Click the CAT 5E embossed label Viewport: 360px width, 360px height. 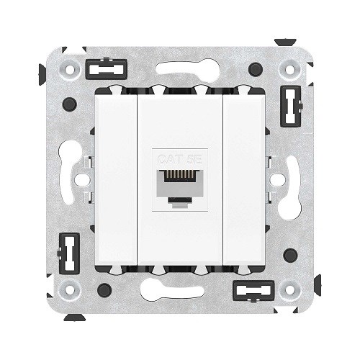pyautogui.click(x=180, y=155)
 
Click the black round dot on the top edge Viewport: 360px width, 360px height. pyautogui.click(x=253, y=70)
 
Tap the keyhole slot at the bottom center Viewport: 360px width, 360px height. pyautogui.click(x=180, y=293)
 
